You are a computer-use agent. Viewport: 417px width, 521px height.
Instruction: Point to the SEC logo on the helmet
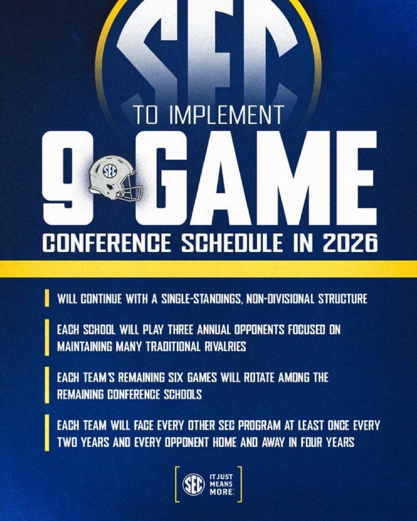click(x=109, y=170)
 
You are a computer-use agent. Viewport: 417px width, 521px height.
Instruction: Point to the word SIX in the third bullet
click(x=177, y=378)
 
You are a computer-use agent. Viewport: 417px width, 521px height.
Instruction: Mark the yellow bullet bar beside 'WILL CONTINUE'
click(x=47, y=299)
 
